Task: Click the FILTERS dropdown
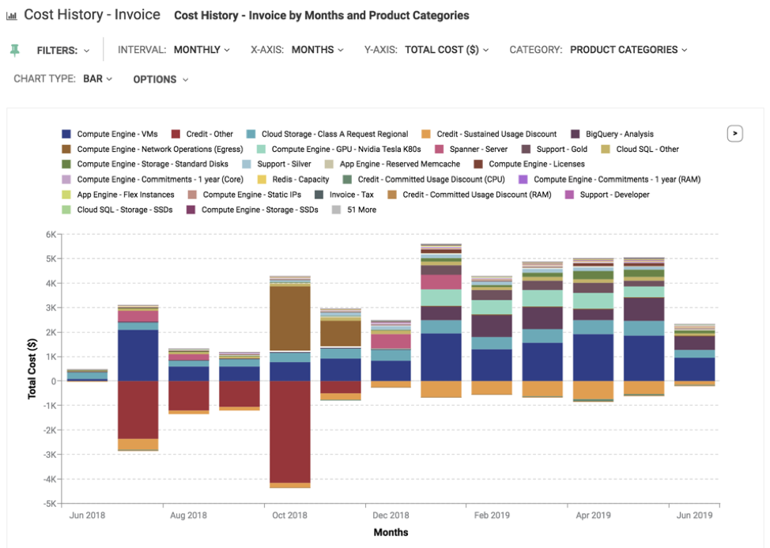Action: click(63, 51)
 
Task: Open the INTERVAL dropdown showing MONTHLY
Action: click(202, 50)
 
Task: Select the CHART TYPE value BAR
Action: click(97, 79)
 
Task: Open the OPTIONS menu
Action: click(160, 79)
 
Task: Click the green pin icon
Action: click(14, 51)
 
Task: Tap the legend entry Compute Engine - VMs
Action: click(117, 134)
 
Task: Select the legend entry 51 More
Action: click(361, 210)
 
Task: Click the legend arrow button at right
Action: click(735, 134)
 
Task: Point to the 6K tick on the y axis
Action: click(50, 235)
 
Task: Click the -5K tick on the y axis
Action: click(48, 504)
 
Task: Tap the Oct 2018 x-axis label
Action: click(289, 516)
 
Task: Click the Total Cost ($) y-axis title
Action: click(32, 368)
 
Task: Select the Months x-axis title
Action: click(391, 532)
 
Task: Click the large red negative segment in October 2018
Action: click(289, 432)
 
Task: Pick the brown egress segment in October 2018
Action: click(289, 318)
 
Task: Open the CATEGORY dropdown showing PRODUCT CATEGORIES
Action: click(628, 50)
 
